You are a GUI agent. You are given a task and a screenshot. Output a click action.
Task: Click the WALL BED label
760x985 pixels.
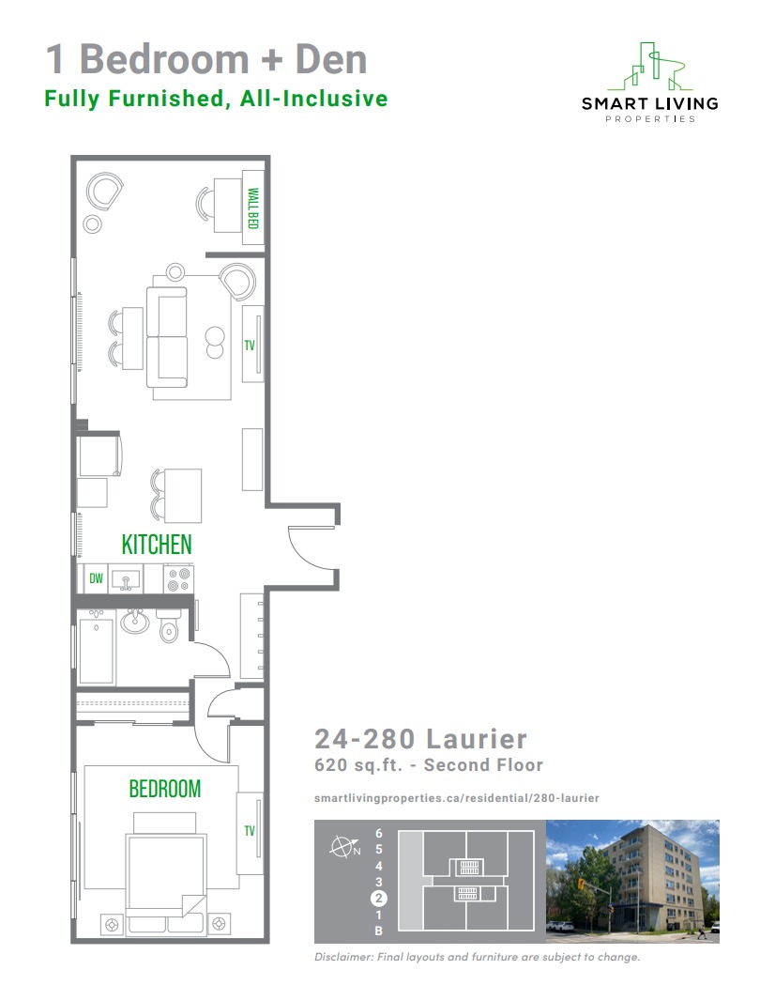[x=253, y=208]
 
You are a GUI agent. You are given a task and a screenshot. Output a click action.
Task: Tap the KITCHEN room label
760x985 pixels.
[x=157, y=545]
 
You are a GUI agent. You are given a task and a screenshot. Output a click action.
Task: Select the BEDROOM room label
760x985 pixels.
[x=165, y=789]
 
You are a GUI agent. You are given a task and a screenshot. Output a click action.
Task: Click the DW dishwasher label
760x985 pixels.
[x=96, y=577]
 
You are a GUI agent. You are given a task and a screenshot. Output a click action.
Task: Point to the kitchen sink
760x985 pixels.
[x=126, y=580]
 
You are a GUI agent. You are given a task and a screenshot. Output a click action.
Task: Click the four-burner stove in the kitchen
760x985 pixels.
[x=178, y=579]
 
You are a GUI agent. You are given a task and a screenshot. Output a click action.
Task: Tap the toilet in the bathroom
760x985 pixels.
[x=169, y=625]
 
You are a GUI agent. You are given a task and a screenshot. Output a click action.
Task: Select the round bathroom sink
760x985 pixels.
[x=135, y=622]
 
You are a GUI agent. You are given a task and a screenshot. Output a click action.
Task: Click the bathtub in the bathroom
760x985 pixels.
[x=96, y=650]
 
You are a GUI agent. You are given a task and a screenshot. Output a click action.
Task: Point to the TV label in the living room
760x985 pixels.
[x=250, y=345]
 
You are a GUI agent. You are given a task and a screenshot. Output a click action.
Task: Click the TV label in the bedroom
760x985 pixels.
[x=250, y=830]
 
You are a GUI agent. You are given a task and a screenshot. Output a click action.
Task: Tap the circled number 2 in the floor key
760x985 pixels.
[x=378, y=899]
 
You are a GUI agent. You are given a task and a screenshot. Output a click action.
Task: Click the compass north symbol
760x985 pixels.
[x=344, y=847]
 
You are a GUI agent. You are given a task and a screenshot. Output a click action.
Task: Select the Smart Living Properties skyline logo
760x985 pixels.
[x=649, y=67]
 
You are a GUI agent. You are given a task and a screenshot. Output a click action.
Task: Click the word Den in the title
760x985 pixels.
[x=330, y=60]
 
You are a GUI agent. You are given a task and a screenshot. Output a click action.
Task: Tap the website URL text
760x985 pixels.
[x=456, y=798]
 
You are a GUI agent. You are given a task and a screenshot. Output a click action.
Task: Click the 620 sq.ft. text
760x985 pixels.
[x=357, y=765]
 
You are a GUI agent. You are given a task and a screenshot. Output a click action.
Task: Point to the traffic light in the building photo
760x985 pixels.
[x=581, y=885]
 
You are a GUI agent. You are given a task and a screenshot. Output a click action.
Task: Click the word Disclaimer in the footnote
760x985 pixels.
[x=343, y=957]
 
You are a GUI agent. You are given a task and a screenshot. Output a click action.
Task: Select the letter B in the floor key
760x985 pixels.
[x=378, y=931]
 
